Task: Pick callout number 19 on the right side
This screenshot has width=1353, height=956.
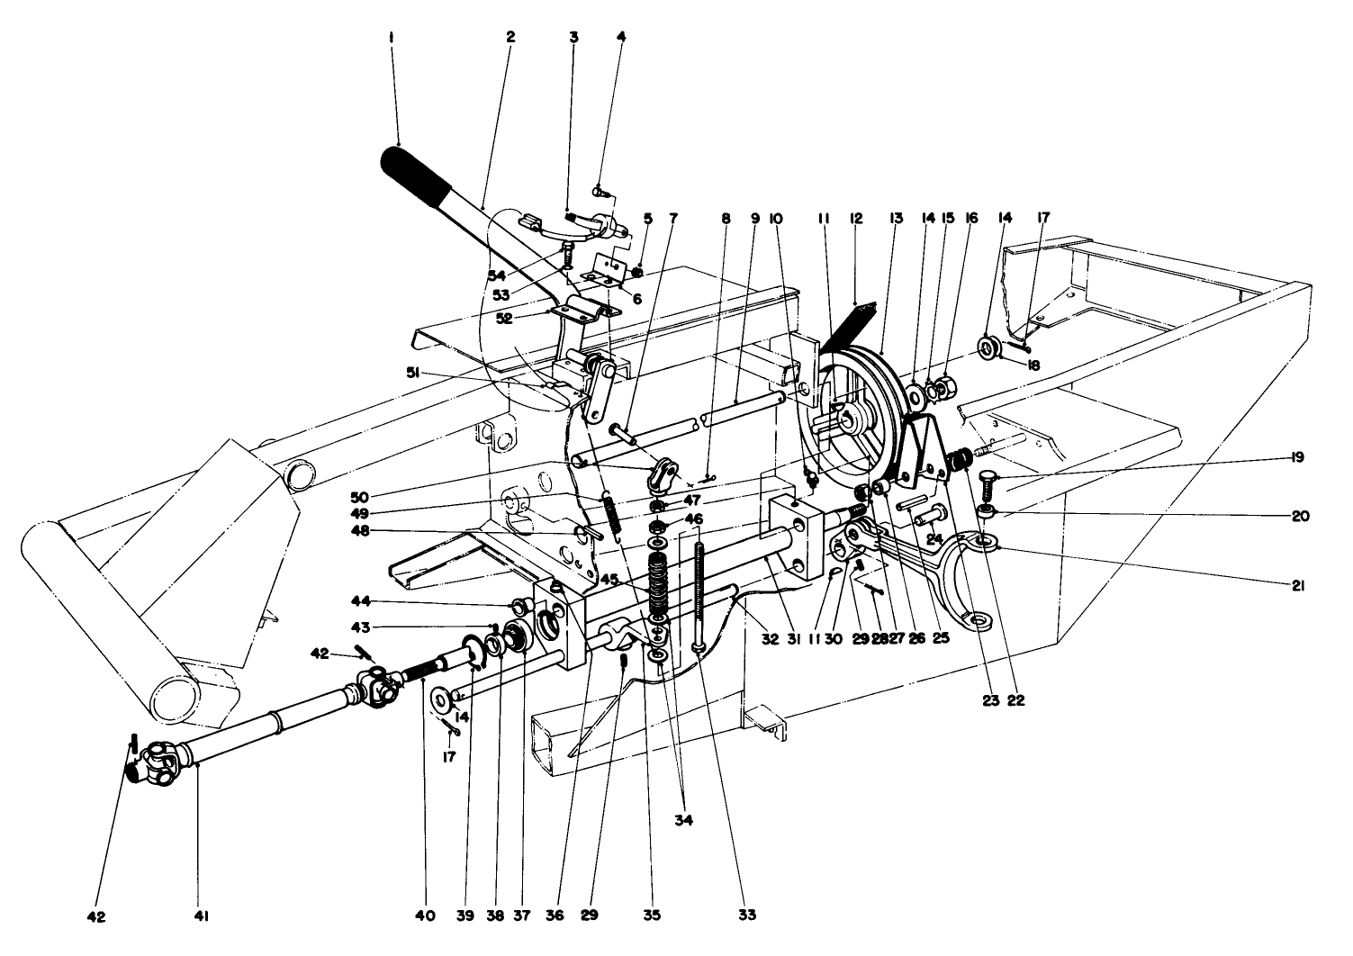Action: pyautogui.click(x=1296, y=458)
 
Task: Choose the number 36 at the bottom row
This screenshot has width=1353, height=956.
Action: pyautogui.click(x=555, y=916)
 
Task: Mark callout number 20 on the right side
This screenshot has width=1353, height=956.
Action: pyautogui.click(x=1296, y=517)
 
